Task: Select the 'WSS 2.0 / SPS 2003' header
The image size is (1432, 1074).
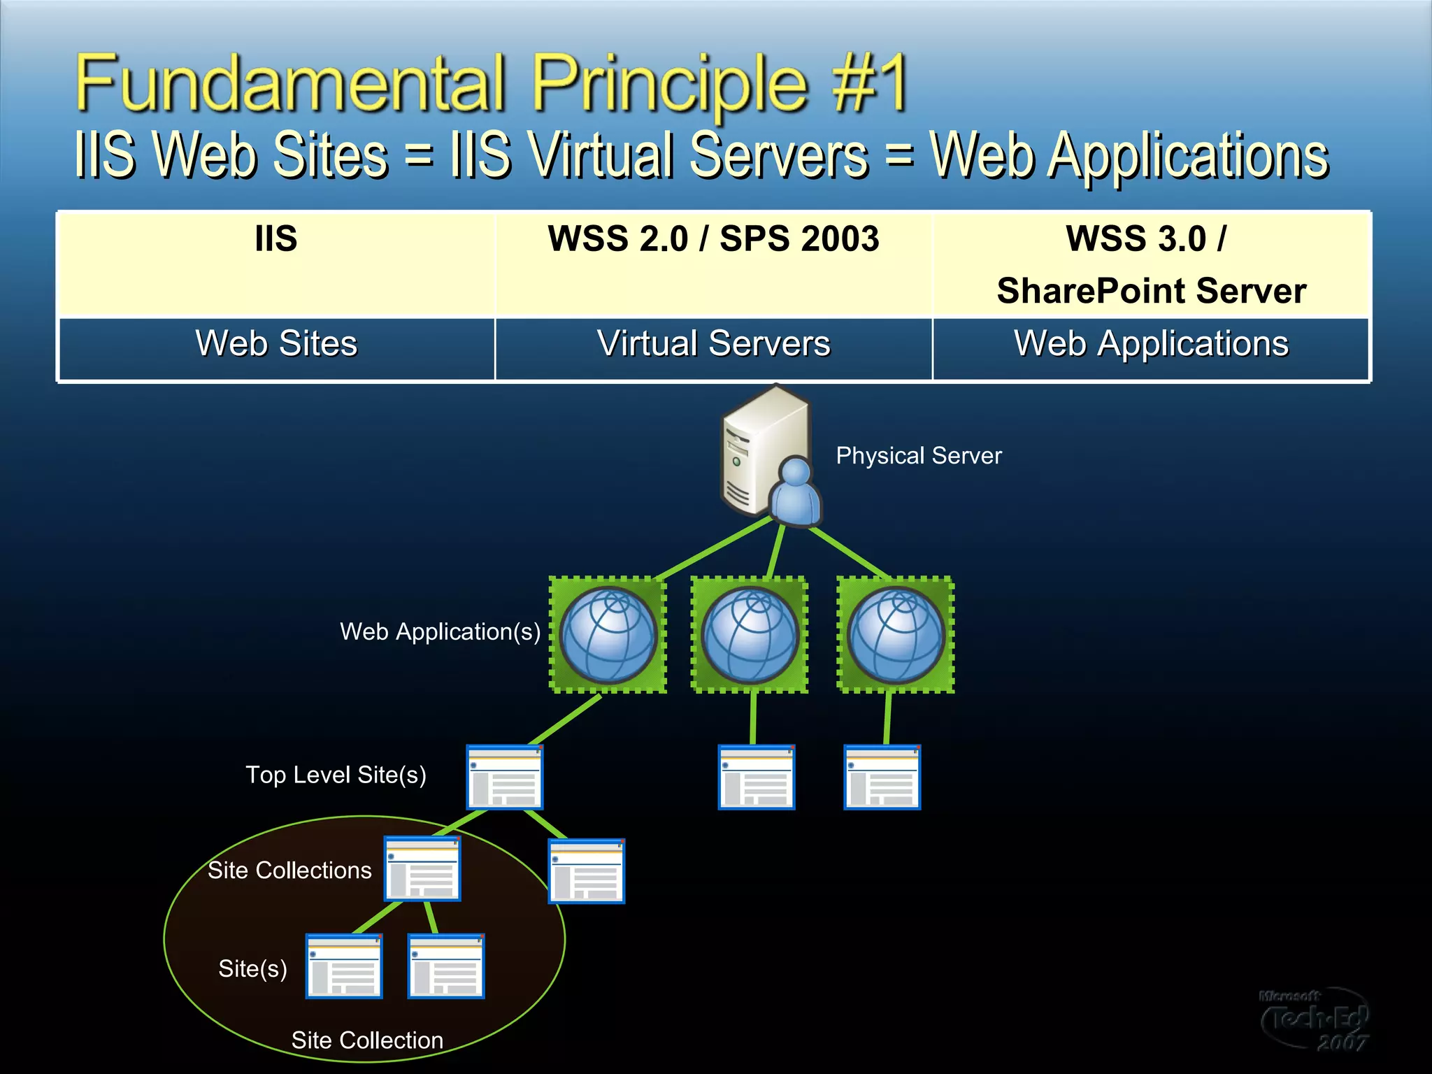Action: [x=713, y=239]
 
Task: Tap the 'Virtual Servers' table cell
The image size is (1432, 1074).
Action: [x=713, y=344]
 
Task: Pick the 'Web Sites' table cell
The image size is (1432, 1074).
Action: [x=276, y=344]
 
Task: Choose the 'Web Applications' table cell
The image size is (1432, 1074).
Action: [x=1151, y=344]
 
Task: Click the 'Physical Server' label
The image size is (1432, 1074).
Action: [x=918, y=456]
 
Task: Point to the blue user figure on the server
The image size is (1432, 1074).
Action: [x=795, y=493]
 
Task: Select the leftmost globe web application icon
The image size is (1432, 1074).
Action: [x=608, y=635]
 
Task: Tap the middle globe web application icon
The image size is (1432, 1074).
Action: [x=750, y=635]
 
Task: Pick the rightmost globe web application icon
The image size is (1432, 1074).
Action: [x=896, y=635]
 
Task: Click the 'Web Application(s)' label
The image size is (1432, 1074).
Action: [x=440, y=632]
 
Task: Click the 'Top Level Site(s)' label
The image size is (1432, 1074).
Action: [x=336, y=775]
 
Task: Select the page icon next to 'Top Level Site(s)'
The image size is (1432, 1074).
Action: [x=505, y=778]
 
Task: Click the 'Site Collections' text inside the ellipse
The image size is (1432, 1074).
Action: [x=289, y=871]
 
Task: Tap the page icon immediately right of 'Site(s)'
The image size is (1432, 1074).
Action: [x=344, y=966]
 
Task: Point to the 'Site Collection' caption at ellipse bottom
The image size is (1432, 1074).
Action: [x=367, y=1040]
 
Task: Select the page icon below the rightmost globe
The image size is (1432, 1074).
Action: [x=882, y=778]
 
